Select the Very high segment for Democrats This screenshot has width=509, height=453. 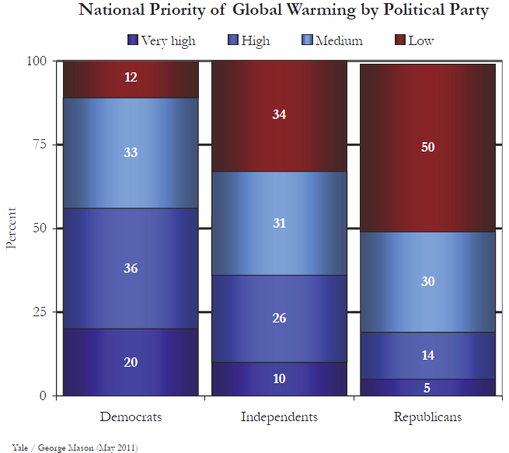(x=131, y=362)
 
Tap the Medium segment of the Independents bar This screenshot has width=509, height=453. (x=280, y=223)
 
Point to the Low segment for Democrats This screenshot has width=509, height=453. (x=131, y=78)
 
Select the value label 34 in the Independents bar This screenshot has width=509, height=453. (x=280, y=115)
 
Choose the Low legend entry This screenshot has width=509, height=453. (x=416, y=40)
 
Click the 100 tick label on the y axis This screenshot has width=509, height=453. (x=37, y=61)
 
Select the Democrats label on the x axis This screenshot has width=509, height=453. (x=131, y=417)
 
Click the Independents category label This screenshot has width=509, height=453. (x=280, y=417)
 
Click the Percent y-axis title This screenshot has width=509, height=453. (x=11, y=228)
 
